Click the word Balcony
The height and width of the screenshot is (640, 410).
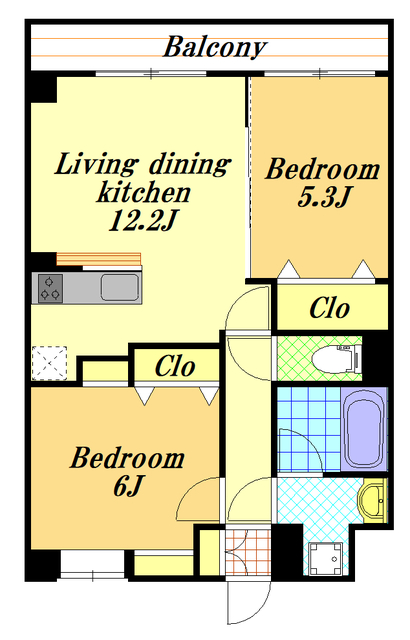point(215,47)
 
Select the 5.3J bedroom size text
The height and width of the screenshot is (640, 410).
point(324,197)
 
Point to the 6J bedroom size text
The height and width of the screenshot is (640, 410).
point(128,486)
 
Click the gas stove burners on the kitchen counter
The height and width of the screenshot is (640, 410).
point(51,288)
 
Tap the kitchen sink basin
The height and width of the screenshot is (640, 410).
point(120,287)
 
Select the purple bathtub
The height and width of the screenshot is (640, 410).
point(364,428)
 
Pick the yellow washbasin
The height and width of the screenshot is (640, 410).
point(372,500)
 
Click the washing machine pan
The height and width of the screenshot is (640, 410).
point(326,558)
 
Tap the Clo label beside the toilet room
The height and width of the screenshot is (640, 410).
point(330,308)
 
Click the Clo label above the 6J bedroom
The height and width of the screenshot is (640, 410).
point(175,366)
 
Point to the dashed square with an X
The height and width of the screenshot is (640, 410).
point(49,363)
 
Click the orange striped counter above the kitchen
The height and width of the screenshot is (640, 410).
point(98,259)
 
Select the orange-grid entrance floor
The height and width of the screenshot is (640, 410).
point(248,552)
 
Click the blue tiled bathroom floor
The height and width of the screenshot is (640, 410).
point(309,429)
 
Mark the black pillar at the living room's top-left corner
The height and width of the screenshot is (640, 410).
point(44,89)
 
